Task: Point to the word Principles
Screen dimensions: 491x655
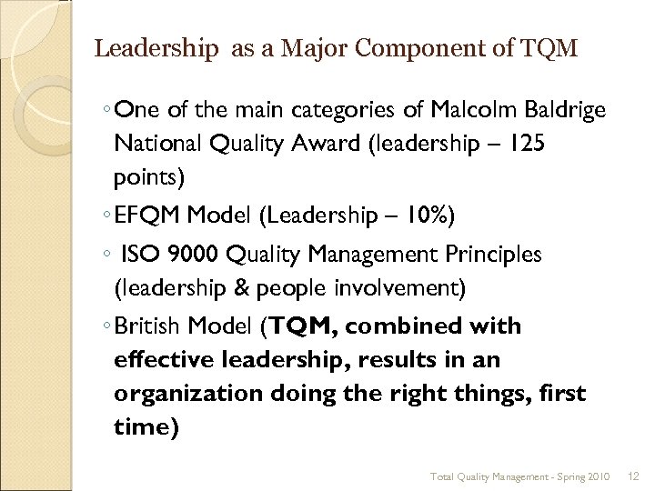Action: [x=499, y=256]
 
